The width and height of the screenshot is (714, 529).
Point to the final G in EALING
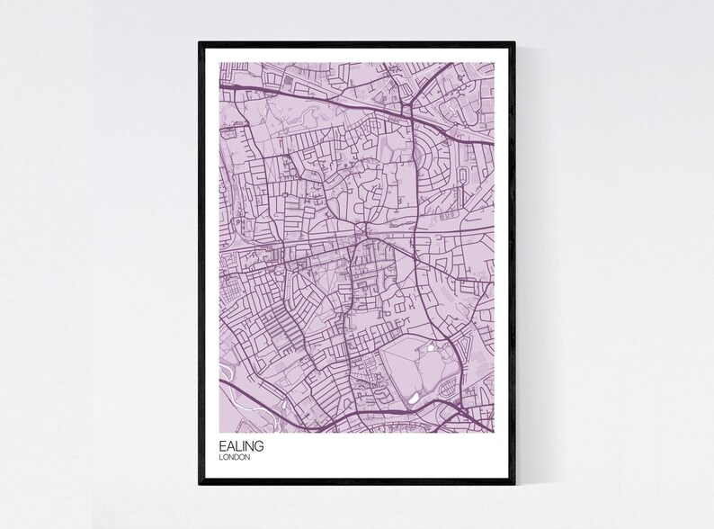click(261, 446)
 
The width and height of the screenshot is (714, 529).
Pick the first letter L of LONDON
click(221, 458)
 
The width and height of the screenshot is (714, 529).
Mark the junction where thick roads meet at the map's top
click(407, 111)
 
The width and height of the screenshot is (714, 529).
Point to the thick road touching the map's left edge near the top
click(225, 87)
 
